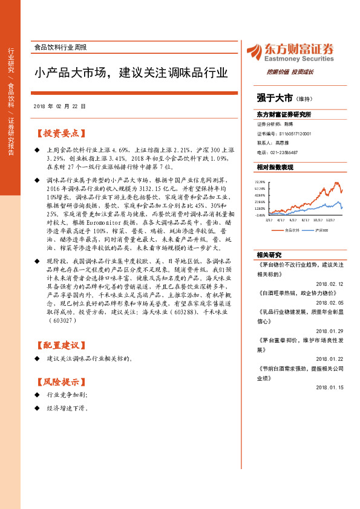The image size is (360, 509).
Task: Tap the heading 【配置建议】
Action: click(59, 345)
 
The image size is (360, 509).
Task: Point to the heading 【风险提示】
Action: click(59, 381)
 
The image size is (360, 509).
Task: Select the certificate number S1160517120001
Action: click(295, 134)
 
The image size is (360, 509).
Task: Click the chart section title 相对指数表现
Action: click(275, 167)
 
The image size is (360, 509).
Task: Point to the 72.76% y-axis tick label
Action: click(260, 181)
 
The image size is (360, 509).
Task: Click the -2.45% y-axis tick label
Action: click(260, 215)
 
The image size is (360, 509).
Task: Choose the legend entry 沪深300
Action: click(322, 230)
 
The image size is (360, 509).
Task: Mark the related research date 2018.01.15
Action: click(329, 387)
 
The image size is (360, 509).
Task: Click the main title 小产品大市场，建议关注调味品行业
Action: click(130, 73)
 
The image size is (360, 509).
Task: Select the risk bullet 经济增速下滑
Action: click(67, 409)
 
